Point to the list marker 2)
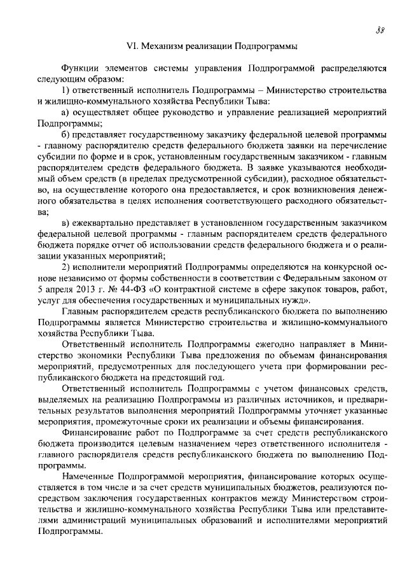(66, 267)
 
